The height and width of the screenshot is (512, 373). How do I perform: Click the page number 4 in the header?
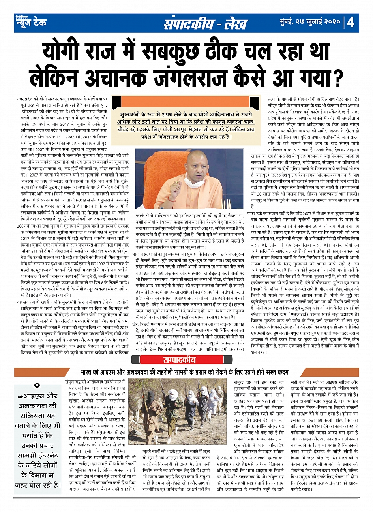click(351, 22)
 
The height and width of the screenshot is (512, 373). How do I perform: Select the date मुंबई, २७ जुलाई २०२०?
click(307, 22)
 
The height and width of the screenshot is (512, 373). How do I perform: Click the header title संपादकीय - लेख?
click(205, 23)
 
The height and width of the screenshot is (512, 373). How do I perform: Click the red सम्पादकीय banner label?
click(180, 360)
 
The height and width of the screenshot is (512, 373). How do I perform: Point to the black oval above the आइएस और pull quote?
click(37, 385)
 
